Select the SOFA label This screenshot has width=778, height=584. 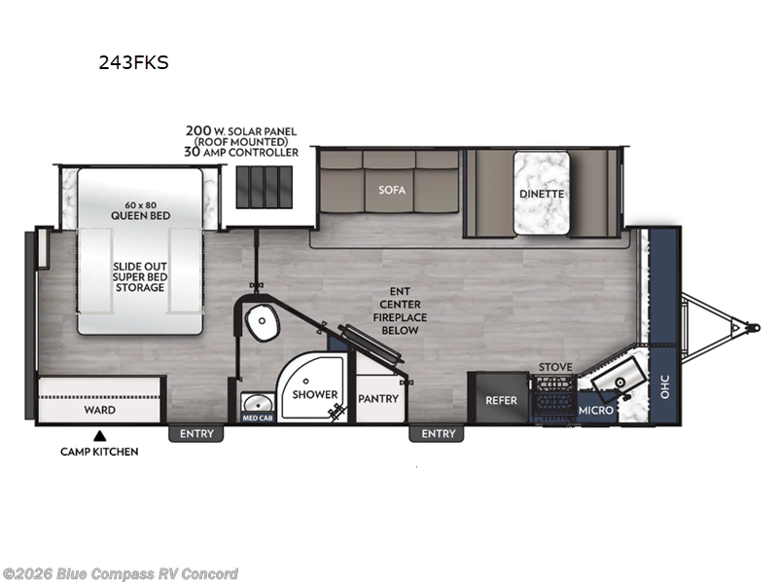pyautogui.click(x=391, y=190)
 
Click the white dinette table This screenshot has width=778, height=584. pyautogui.click(x=541, y=192)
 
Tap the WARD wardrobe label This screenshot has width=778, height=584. pyautogui.click(x=99, y=410)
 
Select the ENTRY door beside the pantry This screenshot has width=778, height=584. pyautogui.click(x=439, y=433)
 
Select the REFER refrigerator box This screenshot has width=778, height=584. pyautogui.click(x=502, y=399)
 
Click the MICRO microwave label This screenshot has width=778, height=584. pyautogui.click(x=596, y=410)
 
